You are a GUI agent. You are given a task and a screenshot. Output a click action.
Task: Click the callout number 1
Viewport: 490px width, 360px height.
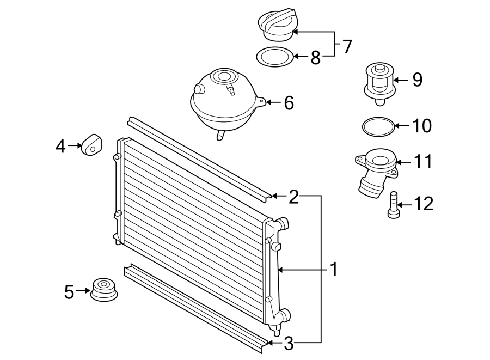333,269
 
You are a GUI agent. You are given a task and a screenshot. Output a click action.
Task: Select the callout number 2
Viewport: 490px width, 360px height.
293,196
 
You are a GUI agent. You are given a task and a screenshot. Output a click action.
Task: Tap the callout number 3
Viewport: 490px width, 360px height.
289,343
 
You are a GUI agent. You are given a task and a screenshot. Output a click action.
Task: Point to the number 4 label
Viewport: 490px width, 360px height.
61,145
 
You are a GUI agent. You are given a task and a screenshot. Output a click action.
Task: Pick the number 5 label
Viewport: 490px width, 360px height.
69,291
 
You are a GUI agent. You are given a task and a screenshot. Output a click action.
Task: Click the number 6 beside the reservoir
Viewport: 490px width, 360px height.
289,102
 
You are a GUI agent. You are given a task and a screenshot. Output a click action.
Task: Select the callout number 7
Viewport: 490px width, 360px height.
347,46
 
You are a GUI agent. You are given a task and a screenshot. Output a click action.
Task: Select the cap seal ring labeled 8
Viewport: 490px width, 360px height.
275,56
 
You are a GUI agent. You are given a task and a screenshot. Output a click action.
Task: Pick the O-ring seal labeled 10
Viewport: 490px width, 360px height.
378,126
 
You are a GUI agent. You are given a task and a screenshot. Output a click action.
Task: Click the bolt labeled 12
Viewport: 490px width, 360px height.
394,205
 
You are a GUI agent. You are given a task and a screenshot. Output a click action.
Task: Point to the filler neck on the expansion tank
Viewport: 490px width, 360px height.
222,76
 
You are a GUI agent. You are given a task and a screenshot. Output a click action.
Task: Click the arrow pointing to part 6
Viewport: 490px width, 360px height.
272,102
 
